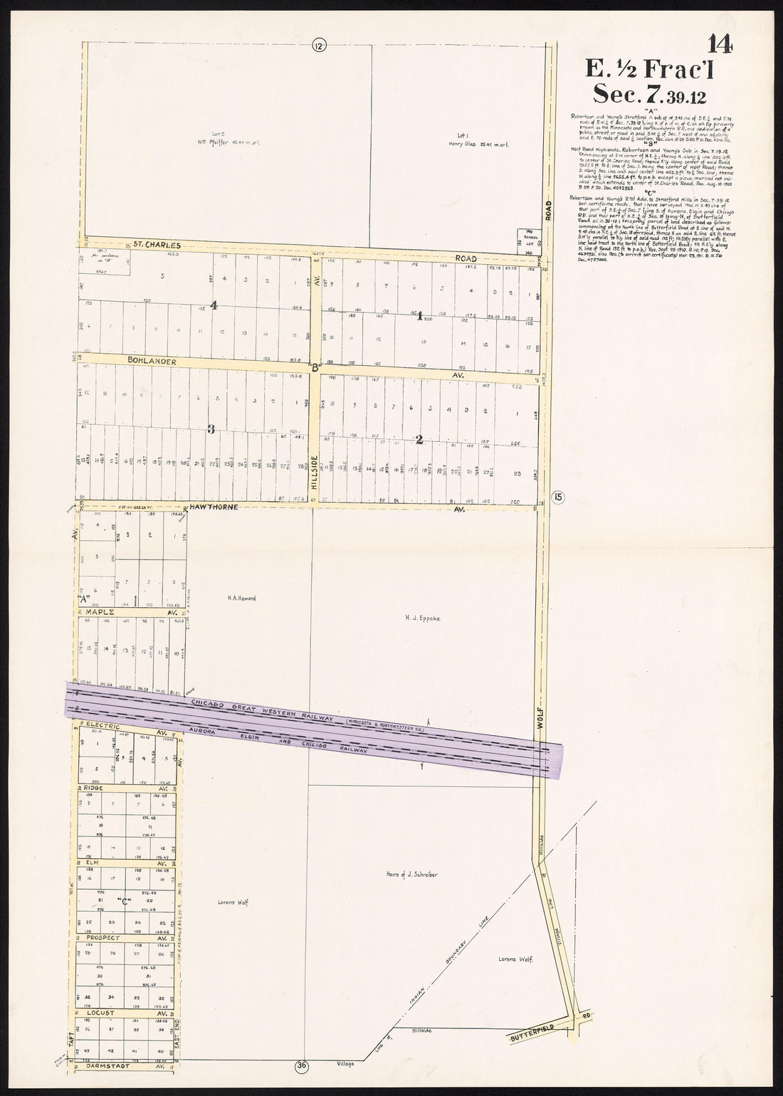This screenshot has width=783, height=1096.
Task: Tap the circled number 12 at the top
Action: [317, 46]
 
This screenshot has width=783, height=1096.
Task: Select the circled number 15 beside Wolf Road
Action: [557, 497]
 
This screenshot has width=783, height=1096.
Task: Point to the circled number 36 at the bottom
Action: [302, 1065]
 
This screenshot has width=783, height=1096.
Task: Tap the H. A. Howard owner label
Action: [242, 599]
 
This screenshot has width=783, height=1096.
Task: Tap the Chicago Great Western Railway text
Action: [263, 710]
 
